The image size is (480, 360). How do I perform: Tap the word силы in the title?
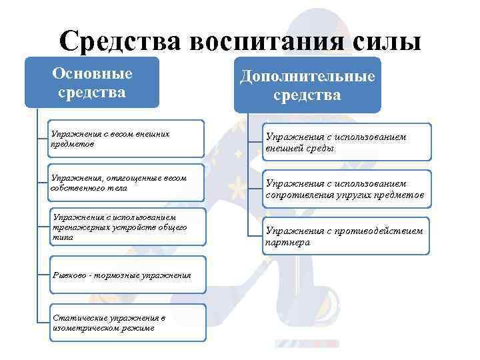coord(386,41)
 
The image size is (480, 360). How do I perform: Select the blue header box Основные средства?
coord(92,83)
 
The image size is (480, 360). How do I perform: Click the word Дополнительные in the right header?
coord(307,77)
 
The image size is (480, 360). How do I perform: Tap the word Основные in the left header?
coord(92,73)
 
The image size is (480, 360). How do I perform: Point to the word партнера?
coord(288,243)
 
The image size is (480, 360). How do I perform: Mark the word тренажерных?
coord(79,227)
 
